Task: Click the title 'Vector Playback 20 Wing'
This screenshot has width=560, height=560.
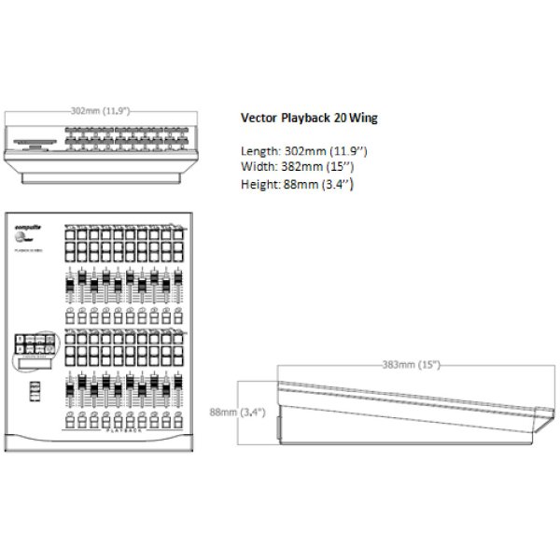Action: tap(309, 119)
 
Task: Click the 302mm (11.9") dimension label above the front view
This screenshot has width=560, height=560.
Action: tap(101, 110)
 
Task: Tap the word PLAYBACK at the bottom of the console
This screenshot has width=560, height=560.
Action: tap(123, 432)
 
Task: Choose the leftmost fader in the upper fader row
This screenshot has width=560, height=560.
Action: tap(70, 286)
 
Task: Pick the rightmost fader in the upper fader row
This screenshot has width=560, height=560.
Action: tap(177, 285)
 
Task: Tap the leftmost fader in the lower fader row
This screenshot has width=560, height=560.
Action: tap(70, 388)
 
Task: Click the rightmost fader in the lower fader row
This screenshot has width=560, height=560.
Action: tap(177, 388)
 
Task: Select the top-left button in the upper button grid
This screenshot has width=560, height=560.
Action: tap(70, 236)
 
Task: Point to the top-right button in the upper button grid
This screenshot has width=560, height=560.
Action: tap(177, 236)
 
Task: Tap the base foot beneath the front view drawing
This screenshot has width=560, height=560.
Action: tap(101, 175)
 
